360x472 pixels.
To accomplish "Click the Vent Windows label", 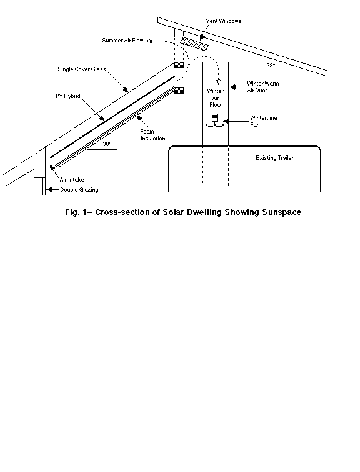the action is tap(224, 21).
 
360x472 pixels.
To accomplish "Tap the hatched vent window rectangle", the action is tap(194, 44).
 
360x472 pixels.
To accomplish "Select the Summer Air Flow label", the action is tap(122, 41).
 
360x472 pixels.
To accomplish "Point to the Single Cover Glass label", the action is tap(82, 69).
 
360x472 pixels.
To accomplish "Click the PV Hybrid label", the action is tap(68, 96).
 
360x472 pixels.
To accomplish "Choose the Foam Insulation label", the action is tap(152, 135).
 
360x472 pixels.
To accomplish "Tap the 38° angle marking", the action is tap(107, 144).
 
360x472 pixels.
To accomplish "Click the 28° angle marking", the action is tap(271, 66).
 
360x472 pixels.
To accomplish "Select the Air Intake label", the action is tap(72, 180).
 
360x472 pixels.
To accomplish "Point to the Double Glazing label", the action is tap(79, 190).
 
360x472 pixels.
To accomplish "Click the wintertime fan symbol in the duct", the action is tap(215, 120).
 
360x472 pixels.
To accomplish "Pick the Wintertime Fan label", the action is tap(264, 121).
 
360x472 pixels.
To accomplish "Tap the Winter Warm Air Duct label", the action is tap(263, 87).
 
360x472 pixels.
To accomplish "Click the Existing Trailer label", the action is tap(275, 158).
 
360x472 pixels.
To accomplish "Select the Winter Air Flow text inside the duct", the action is tap(216, 98).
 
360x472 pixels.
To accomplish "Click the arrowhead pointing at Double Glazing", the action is tap(49, 190).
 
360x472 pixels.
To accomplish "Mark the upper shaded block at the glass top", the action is tap(179, 65).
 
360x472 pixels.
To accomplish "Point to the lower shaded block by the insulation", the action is tap(179, 91).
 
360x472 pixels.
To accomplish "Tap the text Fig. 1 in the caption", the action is tap(74, 212).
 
